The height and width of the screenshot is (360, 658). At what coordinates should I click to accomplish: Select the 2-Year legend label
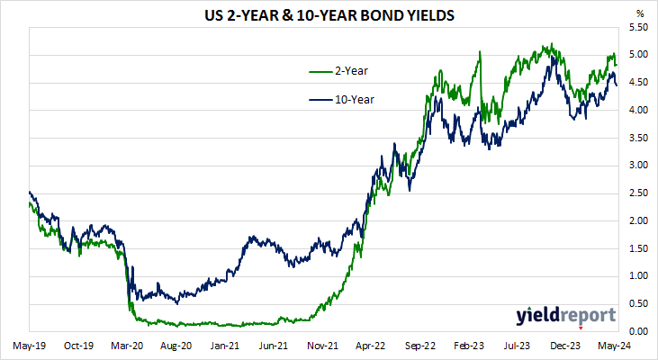coord(351,70)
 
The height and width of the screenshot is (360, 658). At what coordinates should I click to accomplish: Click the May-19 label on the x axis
coord(30,345)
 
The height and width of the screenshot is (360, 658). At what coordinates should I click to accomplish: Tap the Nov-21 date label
coord(323,345)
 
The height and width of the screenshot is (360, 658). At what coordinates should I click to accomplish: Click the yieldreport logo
coord(565,315)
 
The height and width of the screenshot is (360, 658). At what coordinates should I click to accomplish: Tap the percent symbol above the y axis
coord(640,13)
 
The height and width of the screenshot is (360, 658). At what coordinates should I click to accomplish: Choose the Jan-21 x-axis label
coord(225,345)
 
